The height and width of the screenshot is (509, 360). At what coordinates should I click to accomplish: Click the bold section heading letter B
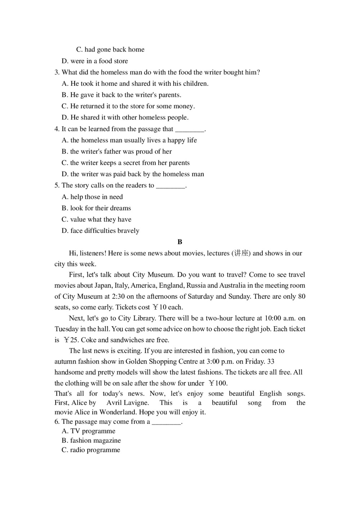(180, 242)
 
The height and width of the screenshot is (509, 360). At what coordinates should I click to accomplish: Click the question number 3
(57, 72)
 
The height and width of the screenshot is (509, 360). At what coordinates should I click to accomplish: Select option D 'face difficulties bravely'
(100, 231)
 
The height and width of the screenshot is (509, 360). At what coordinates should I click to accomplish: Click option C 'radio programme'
(91, 450)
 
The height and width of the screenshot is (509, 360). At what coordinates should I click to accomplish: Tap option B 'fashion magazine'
(91, 441)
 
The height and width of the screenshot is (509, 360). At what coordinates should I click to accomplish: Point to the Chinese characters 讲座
(241, 253)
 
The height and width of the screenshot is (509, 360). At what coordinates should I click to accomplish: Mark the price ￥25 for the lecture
(71, 340)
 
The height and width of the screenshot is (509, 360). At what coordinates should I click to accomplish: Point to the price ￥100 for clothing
(218, 383)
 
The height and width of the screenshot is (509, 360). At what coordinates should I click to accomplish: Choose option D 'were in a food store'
(95, 61)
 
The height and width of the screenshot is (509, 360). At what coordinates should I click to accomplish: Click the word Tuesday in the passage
(67, 329)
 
